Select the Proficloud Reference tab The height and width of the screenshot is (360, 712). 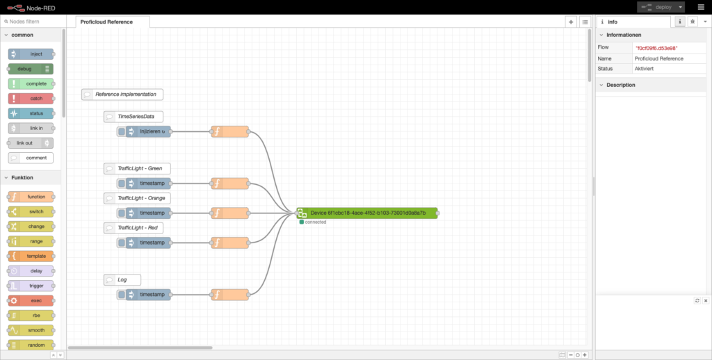point(106,22)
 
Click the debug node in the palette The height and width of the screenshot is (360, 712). point(31,69)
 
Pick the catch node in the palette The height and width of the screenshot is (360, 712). point(31,99)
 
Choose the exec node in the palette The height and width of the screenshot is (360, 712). point(31,301)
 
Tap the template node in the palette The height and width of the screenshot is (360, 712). point(31,256)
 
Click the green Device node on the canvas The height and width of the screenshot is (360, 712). point(367,213)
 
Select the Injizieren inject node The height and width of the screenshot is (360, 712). point(144,131)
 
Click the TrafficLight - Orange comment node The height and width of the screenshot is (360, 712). point(137,198)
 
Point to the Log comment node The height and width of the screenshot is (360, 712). point(122,279)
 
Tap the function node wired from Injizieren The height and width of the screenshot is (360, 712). point(230,131)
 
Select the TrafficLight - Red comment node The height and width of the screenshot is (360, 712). point(134,228)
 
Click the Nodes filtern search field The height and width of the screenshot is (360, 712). point(33,22)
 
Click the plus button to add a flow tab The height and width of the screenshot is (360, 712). point(571,22)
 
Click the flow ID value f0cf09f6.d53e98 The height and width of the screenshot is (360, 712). point(656,48)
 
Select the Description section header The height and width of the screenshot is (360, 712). point(621,85)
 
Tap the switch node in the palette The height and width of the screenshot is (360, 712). point(31,211)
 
